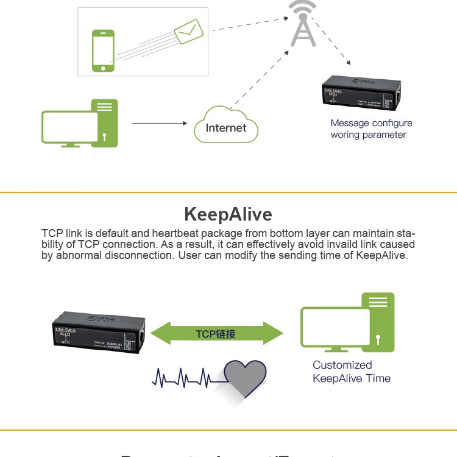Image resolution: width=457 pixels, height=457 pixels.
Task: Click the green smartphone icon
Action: pyautogui.click(x=104, y=51)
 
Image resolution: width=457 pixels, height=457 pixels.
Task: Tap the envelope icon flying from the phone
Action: pyautogui.click(x=188, y=31)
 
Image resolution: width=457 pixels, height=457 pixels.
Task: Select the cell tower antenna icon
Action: pyautogui.click(x=303, y=24)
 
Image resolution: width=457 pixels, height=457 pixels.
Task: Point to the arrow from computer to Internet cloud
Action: pyautogui.click(x=158, y=123)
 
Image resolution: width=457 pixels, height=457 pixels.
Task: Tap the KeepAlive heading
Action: pyautogui.click(x=228, y=214)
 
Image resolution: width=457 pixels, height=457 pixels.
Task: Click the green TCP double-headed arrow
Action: pyautogui.click(x=216, y=334)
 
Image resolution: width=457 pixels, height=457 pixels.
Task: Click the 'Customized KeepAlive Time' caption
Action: pyautogui.click(x=351, y=372)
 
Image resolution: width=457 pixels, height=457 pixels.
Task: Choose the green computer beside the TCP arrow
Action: pyautogui.click(x=347, y=323)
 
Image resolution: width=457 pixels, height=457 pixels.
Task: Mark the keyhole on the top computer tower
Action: pyautogui.click(x=105, y=136)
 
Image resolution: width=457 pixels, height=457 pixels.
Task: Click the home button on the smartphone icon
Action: pyautogui.click(x=104, y=67)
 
